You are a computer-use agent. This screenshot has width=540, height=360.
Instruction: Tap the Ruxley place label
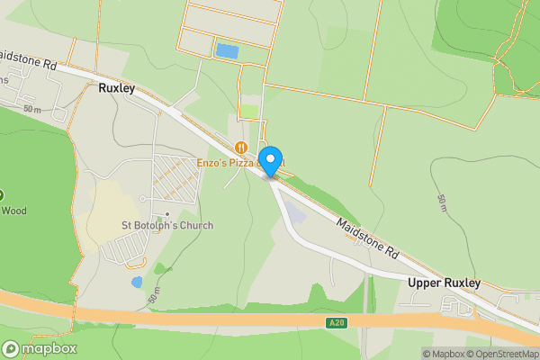tap(118, 90)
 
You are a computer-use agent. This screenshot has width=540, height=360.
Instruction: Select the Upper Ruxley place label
tap(444, 283)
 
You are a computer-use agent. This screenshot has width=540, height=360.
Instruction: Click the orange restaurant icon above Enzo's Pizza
tap(240, 147)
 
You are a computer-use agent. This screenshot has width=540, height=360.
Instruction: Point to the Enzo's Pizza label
tap(228, 163)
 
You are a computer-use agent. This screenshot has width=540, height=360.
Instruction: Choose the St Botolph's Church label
tap(167, 225)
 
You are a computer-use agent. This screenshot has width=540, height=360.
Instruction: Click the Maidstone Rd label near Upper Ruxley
tap(367, 238)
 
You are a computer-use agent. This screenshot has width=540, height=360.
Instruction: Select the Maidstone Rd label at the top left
tap(27, 60)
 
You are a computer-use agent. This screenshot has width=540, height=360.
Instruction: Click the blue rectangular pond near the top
tap(227, 50)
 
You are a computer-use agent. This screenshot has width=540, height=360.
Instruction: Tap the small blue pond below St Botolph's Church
tap(137, 282)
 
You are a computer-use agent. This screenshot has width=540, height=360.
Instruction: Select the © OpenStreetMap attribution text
tap(503, 354)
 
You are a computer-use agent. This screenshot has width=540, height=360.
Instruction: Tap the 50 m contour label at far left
tap(33, 109)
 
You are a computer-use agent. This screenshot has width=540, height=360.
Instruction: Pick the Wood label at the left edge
tap(13, 211)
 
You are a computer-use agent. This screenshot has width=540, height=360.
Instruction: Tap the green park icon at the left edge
tap(2, 194)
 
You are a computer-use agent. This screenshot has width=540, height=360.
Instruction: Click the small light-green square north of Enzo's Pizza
tap(248, 112)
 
